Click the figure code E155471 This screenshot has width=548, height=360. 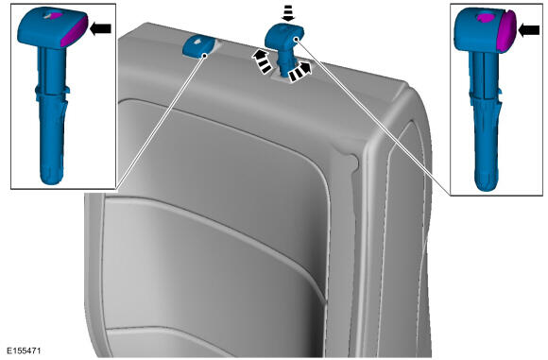pos(24,351)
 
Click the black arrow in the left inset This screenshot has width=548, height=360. pos(101,28)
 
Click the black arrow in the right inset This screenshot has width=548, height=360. pos(529,31)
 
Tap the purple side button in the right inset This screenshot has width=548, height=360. pos(507,31)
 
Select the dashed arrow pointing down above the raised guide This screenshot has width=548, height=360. pos(288,14)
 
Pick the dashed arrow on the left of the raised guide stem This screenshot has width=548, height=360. pos(262,60)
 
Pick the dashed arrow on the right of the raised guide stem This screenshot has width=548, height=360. pos(300,72)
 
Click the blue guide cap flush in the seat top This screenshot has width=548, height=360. pos(197,46)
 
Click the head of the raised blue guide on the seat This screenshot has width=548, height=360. pos(284,35)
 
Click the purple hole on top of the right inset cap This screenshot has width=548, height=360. pos(487,18)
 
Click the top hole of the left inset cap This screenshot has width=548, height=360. pos(51,15)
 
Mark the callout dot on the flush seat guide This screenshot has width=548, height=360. pos(204,55)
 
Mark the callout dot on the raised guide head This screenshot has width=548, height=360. pos(296,40)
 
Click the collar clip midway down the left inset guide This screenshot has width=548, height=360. pos(52,92)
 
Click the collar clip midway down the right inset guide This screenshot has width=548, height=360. pos(485,94)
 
